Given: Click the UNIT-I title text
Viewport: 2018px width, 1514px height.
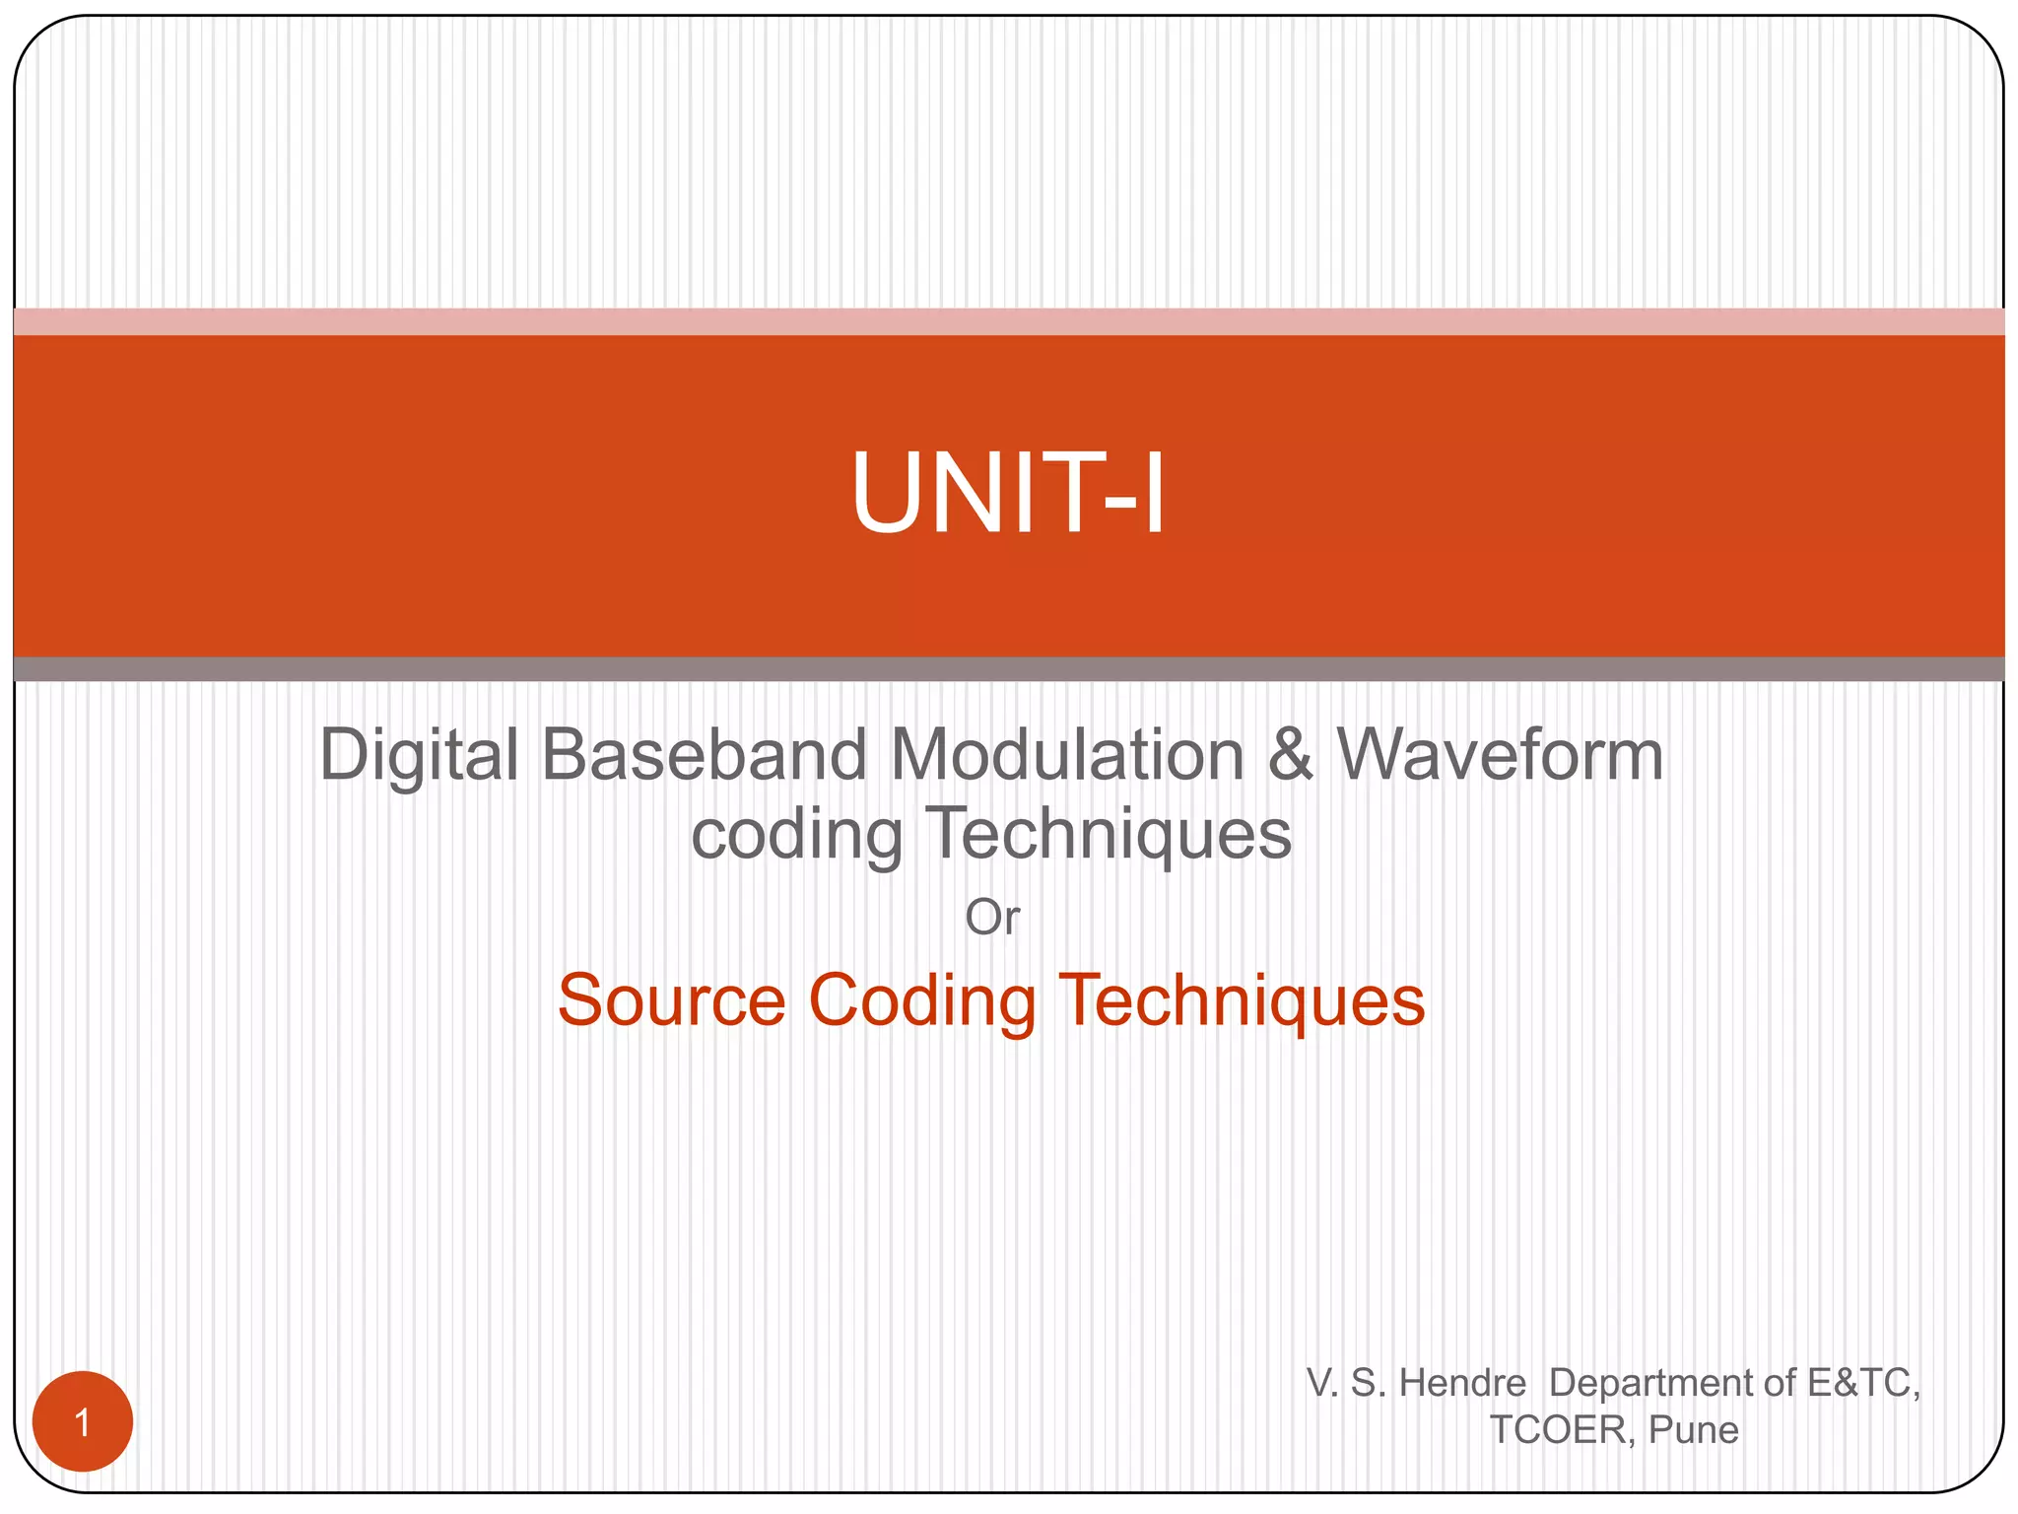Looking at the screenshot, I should pos(1008,493).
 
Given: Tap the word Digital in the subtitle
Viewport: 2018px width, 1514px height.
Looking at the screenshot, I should pos(419,756).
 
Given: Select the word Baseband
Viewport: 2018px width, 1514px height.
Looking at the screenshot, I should pos(704,756).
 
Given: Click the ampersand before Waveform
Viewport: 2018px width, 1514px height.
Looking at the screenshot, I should pos(1291,756).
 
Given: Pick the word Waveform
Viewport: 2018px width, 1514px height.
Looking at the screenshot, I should pos(1500,756).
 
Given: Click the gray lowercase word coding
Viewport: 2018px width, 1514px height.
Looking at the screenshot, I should pos(796,835).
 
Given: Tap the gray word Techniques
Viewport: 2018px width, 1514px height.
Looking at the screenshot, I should pos(1110,833).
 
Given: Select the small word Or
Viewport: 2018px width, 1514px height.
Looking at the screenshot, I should pos(991,918).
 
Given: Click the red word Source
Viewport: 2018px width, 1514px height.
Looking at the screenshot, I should pos(671,1000).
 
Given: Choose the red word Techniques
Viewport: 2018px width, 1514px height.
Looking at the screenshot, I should pos(1241,1000).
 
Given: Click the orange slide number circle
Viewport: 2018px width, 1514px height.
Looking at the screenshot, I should pos(83,1421).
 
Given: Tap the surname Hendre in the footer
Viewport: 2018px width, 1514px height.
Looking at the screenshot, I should pos(1462,1383).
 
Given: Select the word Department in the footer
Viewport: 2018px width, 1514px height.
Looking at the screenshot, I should pos(1665,1383).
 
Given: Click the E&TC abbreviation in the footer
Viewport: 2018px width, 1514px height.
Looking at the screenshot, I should pos(1863,1383).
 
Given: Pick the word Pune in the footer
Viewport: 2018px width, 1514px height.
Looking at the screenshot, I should pos(1694,1429).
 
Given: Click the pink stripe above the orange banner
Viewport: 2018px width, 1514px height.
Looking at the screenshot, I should pos(1009,321).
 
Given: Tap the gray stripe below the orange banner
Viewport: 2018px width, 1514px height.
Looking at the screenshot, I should pos(1009,669).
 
